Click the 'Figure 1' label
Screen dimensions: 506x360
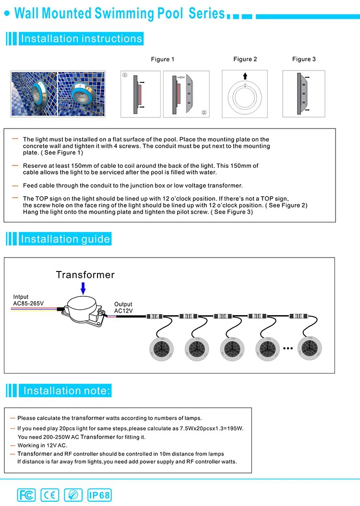[x=163, y=59]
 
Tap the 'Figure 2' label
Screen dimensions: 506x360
[x=245, y=59]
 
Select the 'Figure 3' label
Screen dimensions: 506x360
[x=304, y=59]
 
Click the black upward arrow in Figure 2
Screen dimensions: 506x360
[x=245, y=76]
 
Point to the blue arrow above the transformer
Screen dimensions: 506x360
[x=83, y=288]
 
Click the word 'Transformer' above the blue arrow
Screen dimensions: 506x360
[x=85, y=275]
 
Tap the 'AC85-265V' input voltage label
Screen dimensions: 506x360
[x=28, y=304]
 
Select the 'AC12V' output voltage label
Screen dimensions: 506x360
[x=123, y=311]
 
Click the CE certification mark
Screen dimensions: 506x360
[x=49, y=494]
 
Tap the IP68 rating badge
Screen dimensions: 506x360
[x=99, y=494]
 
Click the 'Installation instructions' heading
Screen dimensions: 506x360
[x=82, y=39]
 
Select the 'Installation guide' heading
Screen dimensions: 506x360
[x=65, y=239]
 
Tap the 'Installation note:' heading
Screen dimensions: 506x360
[x=67, y=390]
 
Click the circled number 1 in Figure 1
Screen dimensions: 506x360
[x=125, y=75]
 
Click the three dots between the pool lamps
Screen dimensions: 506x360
[x=288, y=348]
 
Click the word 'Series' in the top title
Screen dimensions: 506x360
[x=206, y=13]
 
